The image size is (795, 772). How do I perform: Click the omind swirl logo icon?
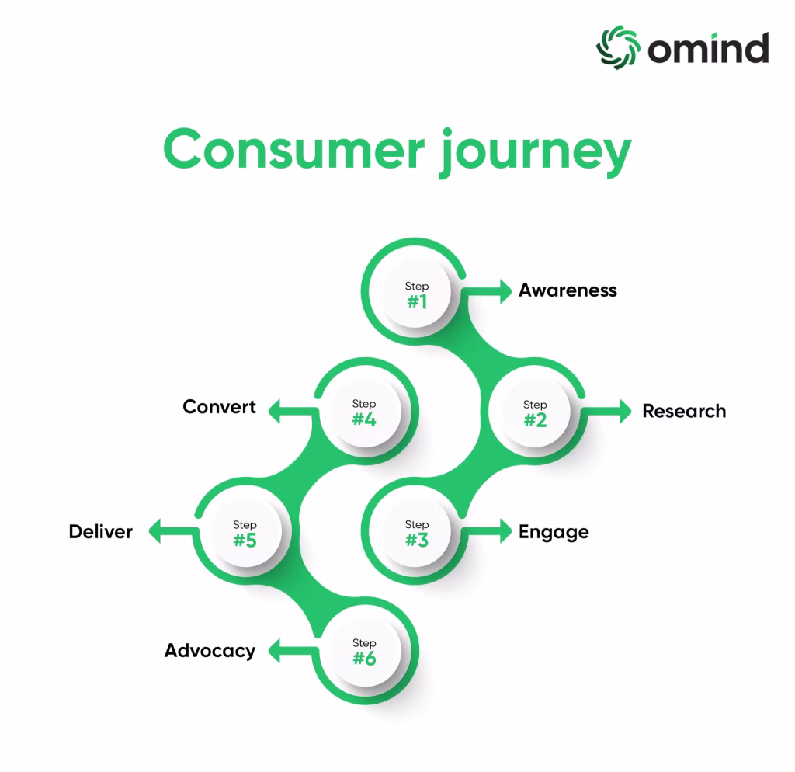point(617,47)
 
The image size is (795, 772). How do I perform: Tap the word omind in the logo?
point(708,48)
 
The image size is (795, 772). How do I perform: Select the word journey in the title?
point(535,153)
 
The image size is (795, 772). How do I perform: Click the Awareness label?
point(568,290)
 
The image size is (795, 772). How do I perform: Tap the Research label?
point(684,411)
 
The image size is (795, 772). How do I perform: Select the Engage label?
point(554,533)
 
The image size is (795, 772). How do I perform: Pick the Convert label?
point(219,407)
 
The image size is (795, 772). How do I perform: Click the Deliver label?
point(100,531)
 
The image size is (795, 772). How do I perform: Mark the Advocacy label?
point(210,652)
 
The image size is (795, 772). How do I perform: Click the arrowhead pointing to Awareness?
point(506,291)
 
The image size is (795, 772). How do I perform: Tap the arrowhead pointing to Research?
point(625,411)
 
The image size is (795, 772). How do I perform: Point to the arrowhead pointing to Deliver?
point(154,531)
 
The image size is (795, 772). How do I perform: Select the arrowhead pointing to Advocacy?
point(274,650)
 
